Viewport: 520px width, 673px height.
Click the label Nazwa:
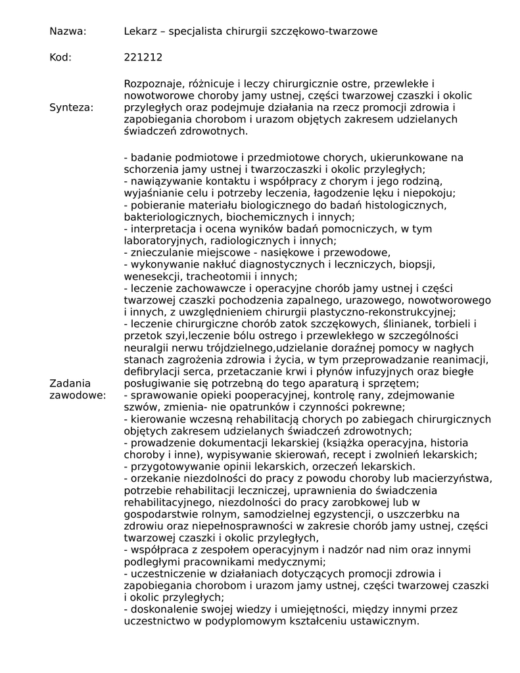pos(68,32)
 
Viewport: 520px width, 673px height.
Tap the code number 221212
pos(143,57)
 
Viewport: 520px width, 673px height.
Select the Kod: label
pos(60,57)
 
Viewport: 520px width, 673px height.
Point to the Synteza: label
pos(71,107)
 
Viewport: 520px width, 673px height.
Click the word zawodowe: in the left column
pos(78,395)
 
